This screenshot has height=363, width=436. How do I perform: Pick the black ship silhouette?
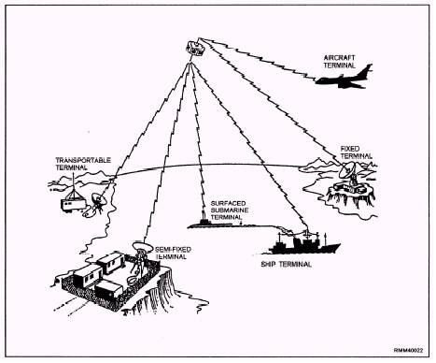(300, 245)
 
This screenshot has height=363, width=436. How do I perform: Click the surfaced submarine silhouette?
(209, 225)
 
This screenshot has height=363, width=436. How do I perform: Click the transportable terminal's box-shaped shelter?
(69, 199)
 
